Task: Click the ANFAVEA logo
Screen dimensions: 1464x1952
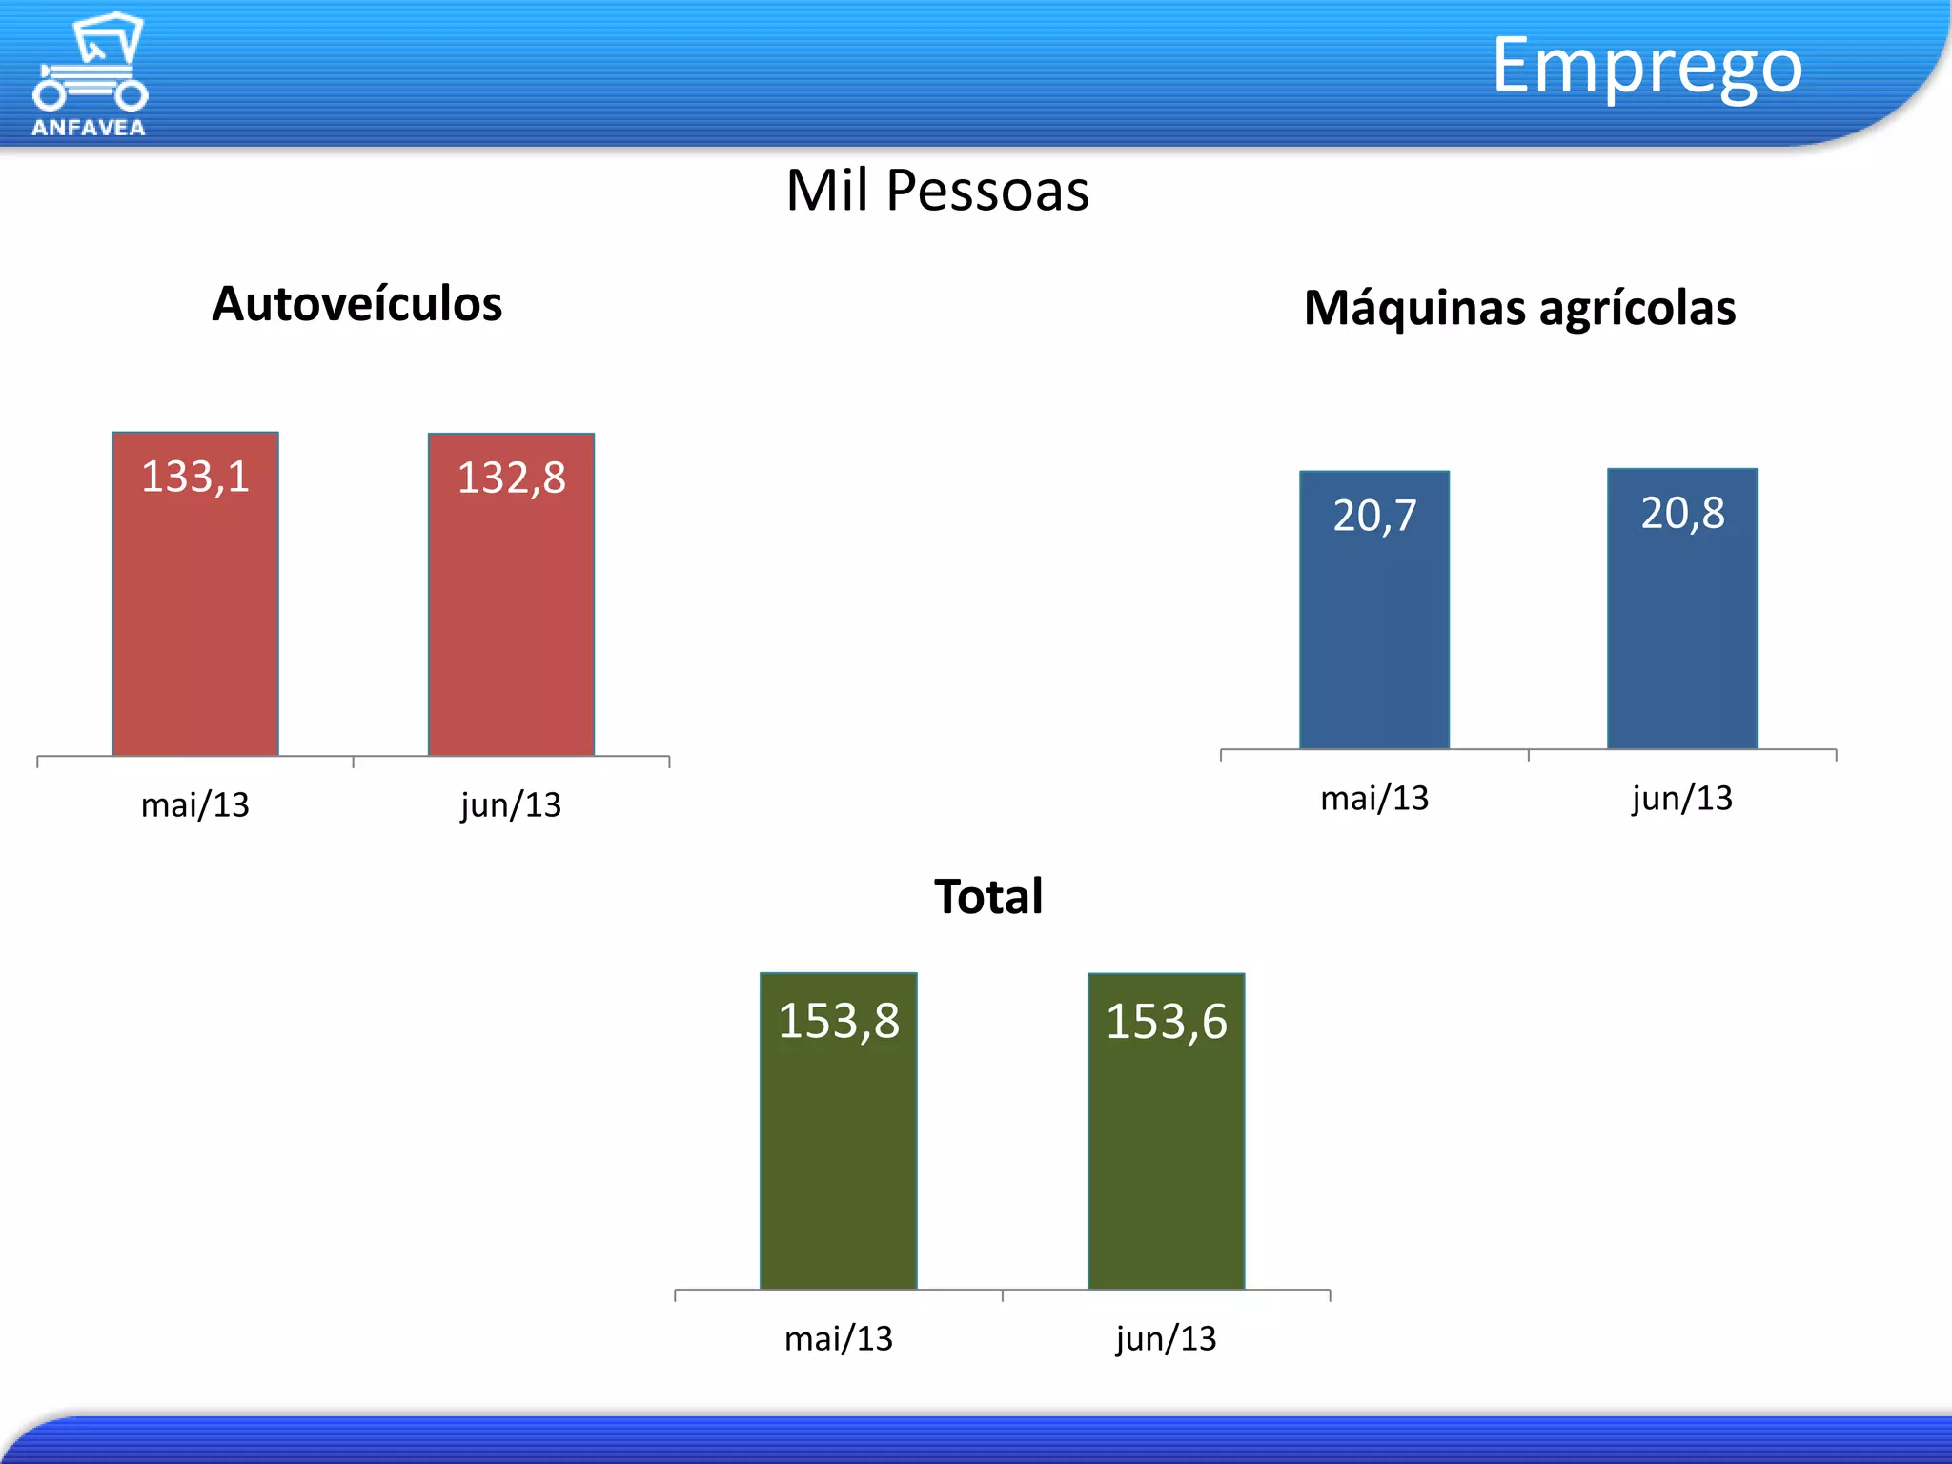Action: pos(90,74)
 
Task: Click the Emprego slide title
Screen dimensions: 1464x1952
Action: pos(1646,66)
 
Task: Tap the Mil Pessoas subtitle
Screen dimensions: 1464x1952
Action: pos(937,191)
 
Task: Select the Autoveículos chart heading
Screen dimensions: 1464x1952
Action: pos(356,304)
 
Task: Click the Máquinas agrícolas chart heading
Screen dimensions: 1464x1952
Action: pos(1519,308)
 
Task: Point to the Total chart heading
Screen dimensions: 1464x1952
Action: pos(988,896)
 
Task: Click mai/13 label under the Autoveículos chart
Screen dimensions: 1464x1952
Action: pos(195,805)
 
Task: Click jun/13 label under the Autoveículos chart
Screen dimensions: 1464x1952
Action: pos(511,805)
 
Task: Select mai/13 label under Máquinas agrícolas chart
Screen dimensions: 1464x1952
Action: pos(1374,798)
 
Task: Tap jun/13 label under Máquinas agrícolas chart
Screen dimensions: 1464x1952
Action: pos(1682,798)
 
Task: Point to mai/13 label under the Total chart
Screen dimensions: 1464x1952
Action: pos(839,1339)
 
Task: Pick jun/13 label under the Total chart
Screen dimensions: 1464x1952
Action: pos(1166,1339)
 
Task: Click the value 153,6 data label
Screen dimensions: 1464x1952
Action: pos(1166,1022)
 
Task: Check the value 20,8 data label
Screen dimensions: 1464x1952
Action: pos(1682,513)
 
